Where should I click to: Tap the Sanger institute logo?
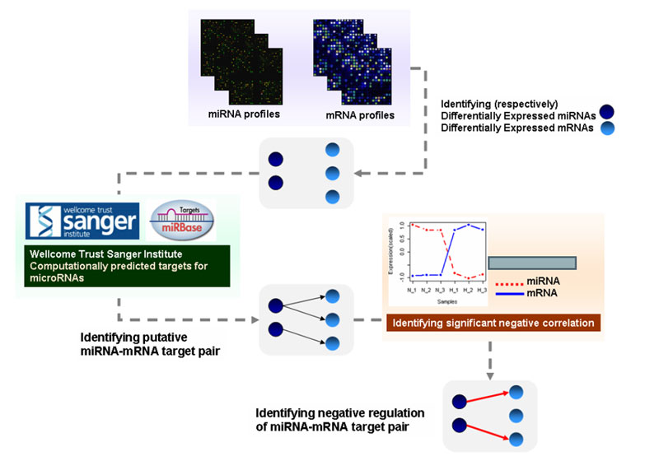(x=80, y=222)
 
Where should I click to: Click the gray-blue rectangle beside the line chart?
(x=531, y=263)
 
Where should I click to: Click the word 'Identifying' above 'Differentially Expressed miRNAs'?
(x=470, y=104)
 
